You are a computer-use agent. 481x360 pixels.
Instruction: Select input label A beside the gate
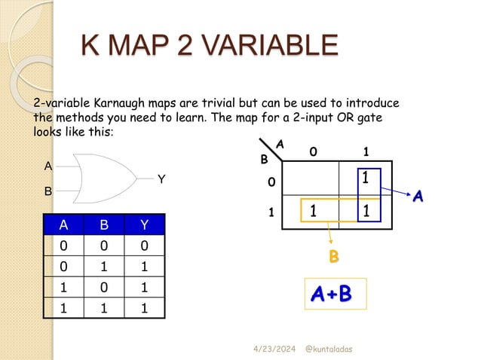tap(48, 166)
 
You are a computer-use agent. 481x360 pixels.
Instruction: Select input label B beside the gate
tap(48, 191)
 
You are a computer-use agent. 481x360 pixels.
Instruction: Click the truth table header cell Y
tap(144, 224)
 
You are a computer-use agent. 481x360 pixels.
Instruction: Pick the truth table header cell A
tap(63, 224)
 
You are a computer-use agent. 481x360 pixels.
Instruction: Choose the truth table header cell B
tap(103, 224)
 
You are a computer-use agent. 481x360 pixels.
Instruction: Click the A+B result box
tap(335, 294)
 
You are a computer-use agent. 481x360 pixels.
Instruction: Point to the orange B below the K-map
tap(333, 257)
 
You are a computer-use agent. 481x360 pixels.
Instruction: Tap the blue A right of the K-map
tap(417, 197)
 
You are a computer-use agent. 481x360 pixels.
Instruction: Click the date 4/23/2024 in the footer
tap(273, 350)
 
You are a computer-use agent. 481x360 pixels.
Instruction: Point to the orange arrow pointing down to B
tap(329, 236)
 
